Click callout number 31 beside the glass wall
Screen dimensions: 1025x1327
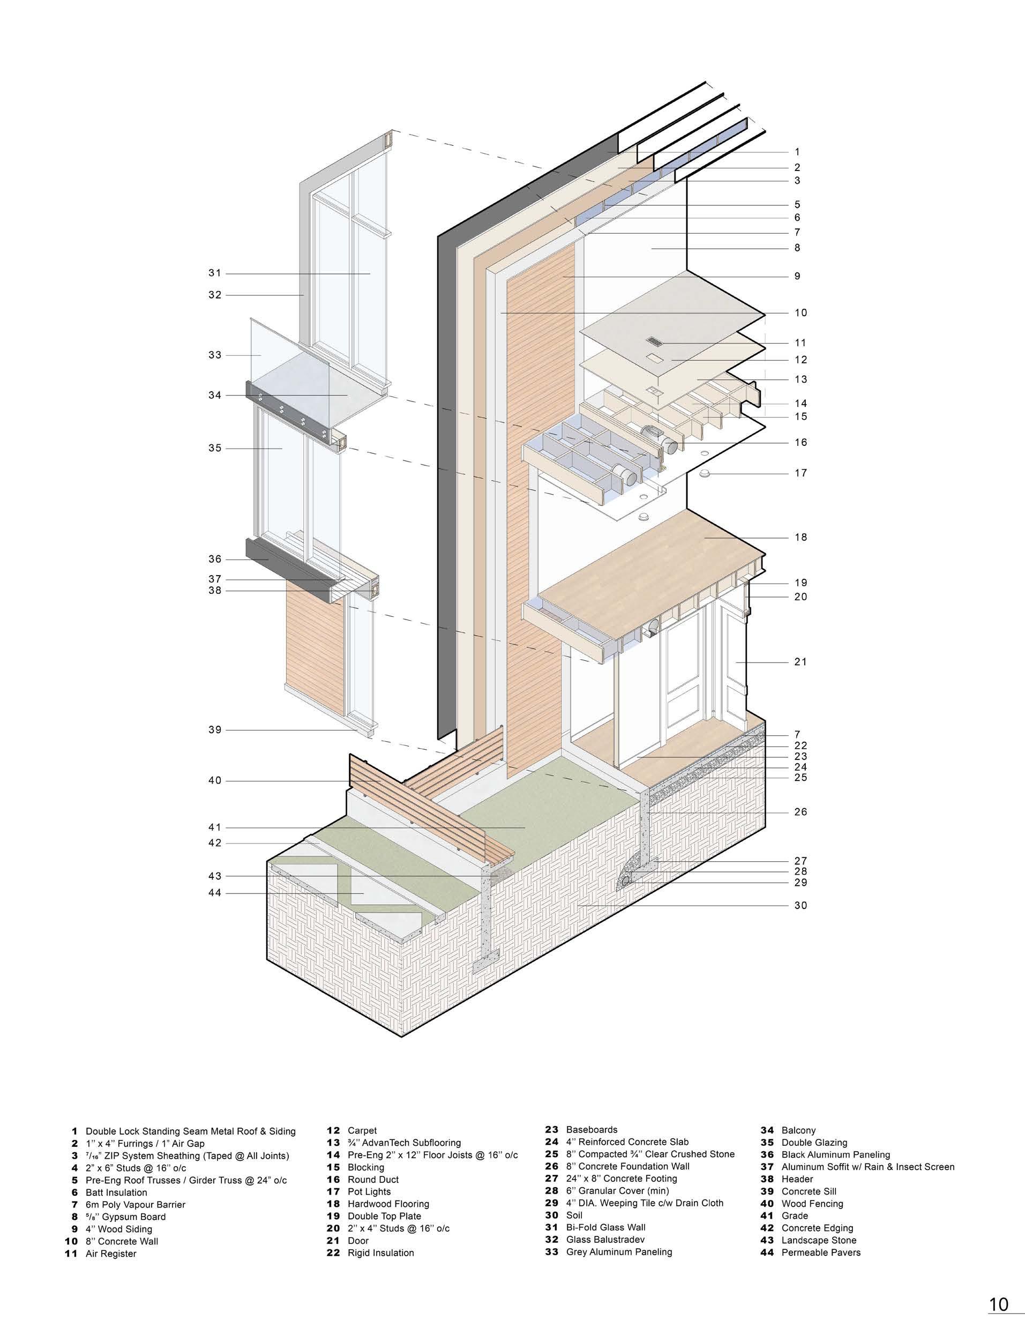coord(214,273)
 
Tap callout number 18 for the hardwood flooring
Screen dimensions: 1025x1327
coord(801,537)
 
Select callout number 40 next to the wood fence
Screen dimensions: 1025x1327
coord(214,781)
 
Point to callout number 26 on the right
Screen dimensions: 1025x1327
coord(801,812)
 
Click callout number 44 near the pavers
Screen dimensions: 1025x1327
coord(214,893)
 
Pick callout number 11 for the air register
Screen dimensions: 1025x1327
coord(801,342)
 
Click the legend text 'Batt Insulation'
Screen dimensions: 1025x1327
coord(116,1192)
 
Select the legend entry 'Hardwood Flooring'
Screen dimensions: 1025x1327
coord(388,1204)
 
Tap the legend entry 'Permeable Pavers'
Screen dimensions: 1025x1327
coord(821,1253)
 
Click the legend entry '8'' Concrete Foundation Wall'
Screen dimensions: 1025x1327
coord(627,1166)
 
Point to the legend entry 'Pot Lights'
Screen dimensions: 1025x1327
coord(369,1191)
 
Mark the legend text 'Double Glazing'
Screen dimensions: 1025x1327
coord(814,1142)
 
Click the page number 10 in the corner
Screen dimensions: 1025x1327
coord(998,1304)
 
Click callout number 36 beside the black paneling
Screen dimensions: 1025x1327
coord(214,559)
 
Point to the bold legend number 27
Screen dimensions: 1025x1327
coord(551,1178)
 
